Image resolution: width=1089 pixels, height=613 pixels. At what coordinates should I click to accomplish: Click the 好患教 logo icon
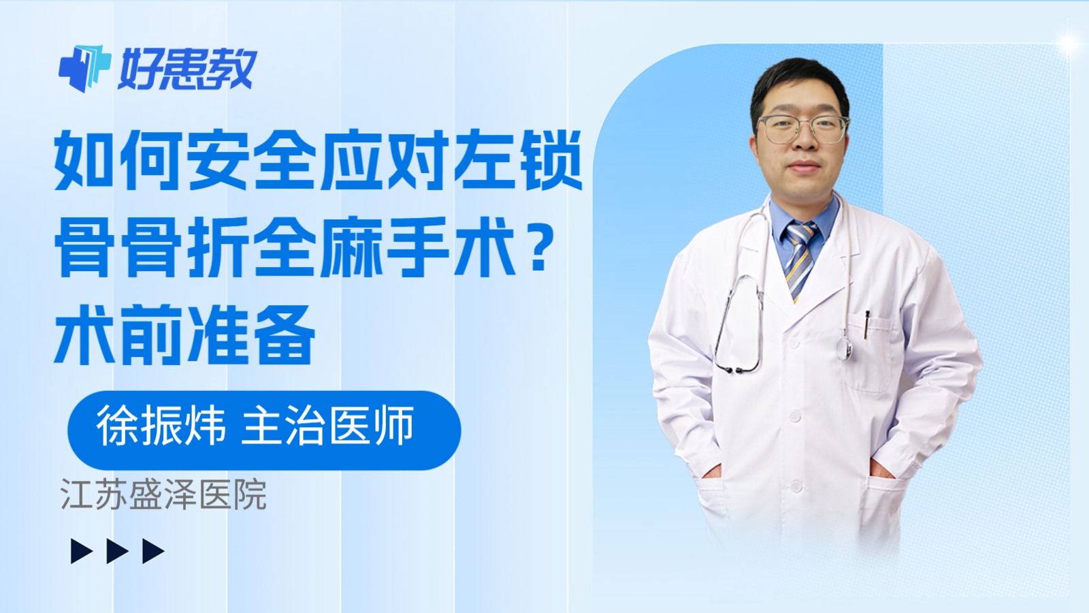click(x=84, y=68)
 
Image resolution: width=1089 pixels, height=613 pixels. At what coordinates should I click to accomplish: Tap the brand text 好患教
click(x=187, y=69)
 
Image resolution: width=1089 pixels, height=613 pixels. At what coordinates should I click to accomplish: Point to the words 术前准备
click(x=184, y=335)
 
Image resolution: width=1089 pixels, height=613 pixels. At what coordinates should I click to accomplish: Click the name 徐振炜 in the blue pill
click(x=161, y=427)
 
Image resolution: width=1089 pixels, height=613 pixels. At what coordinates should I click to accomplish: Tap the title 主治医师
click(x=327, y=427)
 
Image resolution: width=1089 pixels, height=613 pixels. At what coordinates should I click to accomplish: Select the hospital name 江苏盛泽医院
click(x=163, y=494)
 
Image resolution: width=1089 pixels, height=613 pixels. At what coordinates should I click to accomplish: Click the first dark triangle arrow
click(x=81, y=551)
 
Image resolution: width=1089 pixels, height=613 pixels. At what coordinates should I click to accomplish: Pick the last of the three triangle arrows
click(x=152, y=551)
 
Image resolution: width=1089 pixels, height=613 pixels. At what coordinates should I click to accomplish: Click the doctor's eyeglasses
click(x=803, y=129)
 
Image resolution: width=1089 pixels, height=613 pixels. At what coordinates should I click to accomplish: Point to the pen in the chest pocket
click(x=866, y=324)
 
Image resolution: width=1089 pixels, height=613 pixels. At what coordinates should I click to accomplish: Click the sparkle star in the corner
click(x=1068, y=44)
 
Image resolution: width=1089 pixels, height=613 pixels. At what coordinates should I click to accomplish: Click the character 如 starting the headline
click(x=84, y=161)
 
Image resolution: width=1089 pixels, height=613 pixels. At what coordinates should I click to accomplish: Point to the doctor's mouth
click(x=803, y=168)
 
